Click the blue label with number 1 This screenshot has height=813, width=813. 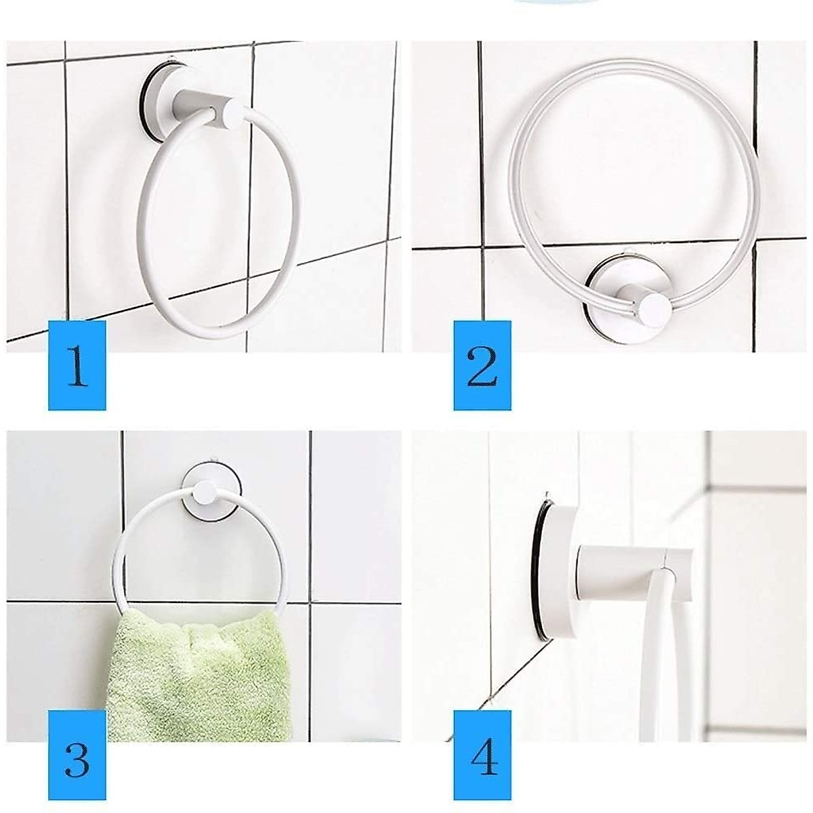pyautogui.click(x=77, y=365)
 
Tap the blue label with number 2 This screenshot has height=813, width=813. pyautogui.click(x=482, y=365)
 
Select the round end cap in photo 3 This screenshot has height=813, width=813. pyautogui.click(x=205, y=493)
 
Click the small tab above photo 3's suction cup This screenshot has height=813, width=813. pyautogui.click(x=212, y=457)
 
